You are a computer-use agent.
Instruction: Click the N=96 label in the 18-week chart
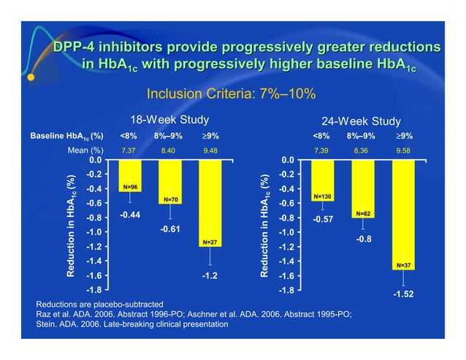point(130,188)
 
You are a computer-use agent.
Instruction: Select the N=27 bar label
point(210,242)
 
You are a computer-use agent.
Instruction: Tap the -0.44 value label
point(129,215)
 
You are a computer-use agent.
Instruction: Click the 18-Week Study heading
point(169,120)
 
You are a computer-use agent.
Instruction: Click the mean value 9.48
point(210,150)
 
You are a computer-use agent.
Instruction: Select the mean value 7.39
point(321,150)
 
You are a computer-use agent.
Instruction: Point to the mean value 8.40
point(169,150)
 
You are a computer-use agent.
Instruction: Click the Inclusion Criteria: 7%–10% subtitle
point(232,93)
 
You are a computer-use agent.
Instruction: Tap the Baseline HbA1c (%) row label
point(66,136)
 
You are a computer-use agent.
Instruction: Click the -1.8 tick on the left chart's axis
point(94,291)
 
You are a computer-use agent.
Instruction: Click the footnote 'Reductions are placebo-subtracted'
point(99,303)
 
